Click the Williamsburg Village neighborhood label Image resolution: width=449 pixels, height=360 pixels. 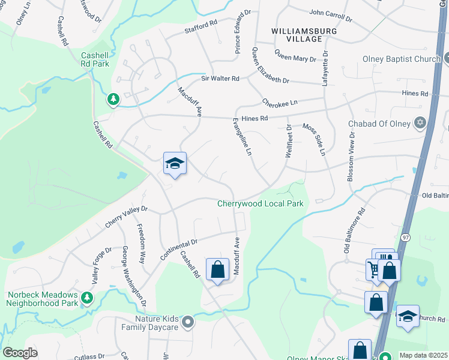pyautogui.click(x=297, y=35)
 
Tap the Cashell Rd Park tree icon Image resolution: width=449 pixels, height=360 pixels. pyautogui.click(x=112, y=98)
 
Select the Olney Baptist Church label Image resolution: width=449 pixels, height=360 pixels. pyautogui.click(x=402, y=59)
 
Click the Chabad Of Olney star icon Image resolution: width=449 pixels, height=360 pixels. pyautogui.click(x=421, y=124)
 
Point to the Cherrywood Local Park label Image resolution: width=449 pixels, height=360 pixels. pyautogui.click(x=260, y=204)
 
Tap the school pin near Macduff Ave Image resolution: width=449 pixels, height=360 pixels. pyautogui.click(x=175, y=163)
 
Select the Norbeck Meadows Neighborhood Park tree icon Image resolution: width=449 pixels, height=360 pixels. pyautogui.click(x=87, y=296)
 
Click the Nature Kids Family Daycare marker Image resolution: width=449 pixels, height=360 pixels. pyautogui.click(x=188, y=322)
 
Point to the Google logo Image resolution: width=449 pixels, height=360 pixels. pyautogui.click(x=20, y=352)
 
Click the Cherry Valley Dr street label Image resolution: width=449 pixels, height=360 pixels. pyautogui.click(x=126, y=217)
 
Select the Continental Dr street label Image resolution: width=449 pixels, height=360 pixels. pyautogui.click(x=179, y=250)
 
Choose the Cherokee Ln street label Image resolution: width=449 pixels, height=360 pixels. pyautogui.click(x=280, y=103)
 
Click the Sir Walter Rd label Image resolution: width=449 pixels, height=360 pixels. pyautogui.click(x=220, y=79)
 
